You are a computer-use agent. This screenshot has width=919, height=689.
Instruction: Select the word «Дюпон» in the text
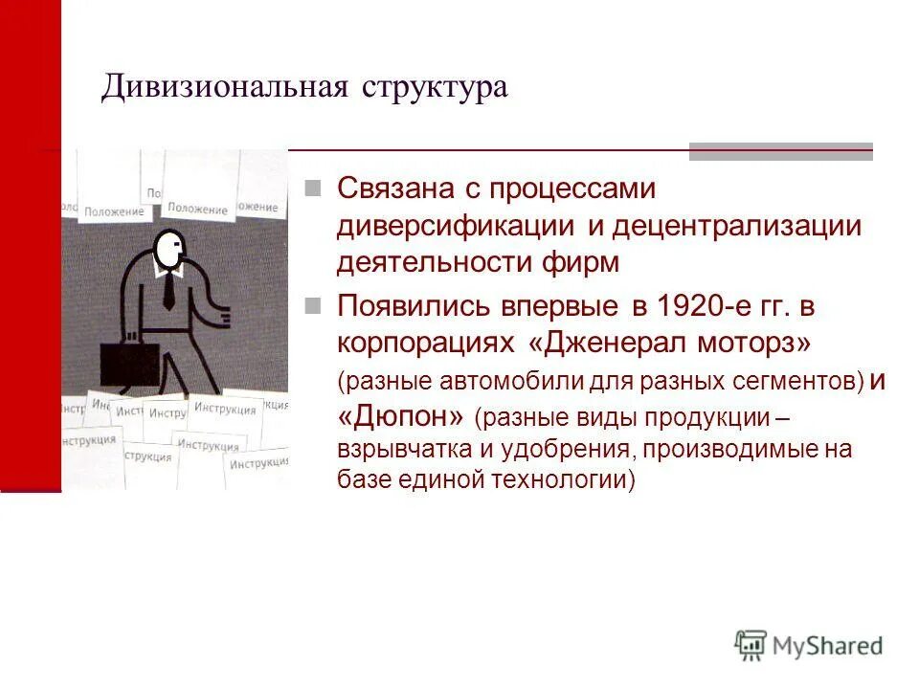pos(402,417)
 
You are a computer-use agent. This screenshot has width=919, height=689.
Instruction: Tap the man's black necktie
pos(168,288)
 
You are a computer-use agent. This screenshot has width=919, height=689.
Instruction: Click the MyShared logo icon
pos(751,646)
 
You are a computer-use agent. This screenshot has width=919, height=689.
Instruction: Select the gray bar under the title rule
pos(780,151)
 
